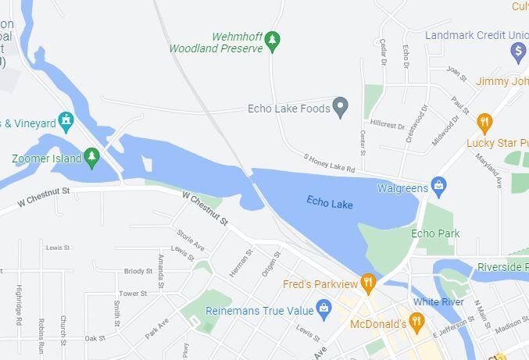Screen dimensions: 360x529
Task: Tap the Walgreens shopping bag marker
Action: click(x=438, y=187)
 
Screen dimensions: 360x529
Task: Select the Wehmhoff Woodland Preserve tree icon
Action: click(x=272, y=41)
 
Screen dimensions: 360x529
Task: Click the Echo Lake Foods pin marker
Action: click(x=340, y=107)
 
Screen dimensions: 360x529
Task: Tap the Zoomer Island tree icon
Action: click(x=91, y=157)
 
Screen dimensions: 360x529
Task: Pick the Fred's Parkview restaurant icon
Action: click(x=368, y=282)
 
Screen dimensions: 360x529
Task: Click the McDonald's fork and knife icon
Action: click(x=416, y=321)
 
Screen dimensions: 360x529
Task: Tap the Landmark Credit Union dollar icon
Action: click(x=517, y=52)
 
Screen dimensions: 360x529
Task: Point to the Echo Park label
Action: click(x=435, y=233)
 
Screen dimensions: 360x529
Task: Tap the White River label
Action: click(x=438, y=302)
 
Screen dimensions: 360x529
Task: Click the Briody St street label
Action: click(x=138, y=271)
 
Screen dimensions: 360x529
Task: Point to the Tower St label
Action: click(x=133, y=294)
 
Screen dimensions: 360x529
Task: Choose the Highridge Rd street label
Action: click(x=17, y=305)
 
